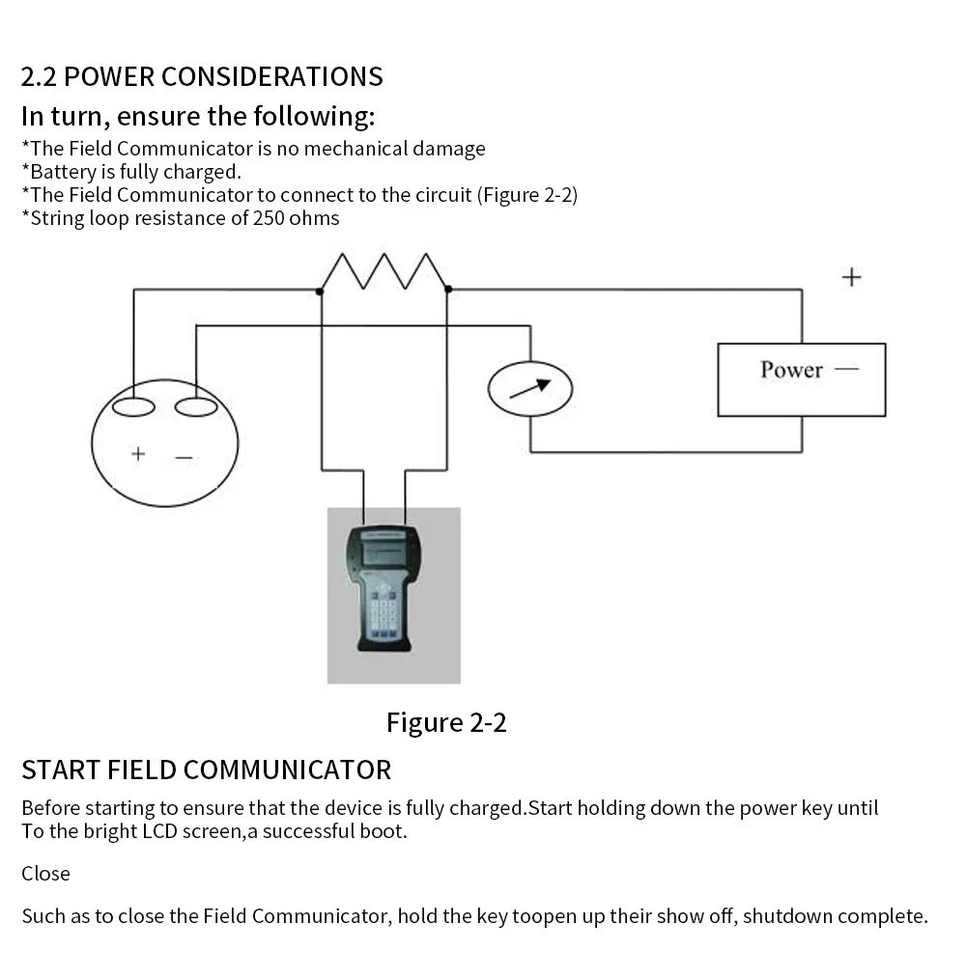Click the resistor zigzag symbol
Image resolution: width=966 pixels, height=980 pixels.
384,271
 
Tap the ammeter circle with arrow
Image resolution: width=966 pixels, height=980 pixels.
530,388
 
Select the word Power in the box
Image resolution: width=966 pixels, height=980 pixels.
791,370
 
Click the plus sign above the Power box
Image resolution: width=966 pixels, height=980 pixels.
851,278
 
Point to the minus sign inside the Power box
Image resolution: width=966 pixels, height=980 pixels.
846,369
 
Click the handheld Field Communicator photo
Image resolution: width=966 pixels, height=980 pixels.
393,595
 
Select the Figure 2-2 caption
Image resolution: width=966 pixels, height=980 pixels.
446,722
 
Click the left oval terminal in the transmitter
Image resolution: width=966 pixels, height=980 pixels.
133,406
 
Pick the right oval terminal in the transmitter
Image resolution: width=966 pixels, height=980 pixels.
196,406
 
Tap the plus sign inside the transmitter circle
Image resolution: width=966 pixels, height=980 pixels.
138,453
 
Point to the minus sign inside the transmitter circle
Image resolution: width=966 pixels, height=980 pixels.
184,458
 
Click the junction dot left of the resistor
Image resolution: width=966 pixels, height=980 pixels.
321,290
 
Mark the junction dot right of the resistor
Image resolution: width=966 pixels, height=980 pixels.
447,289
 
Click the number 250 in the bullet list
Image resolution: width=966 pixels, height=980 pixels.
269,218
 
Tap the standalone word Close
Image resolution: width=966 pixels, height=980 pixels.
45,874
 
